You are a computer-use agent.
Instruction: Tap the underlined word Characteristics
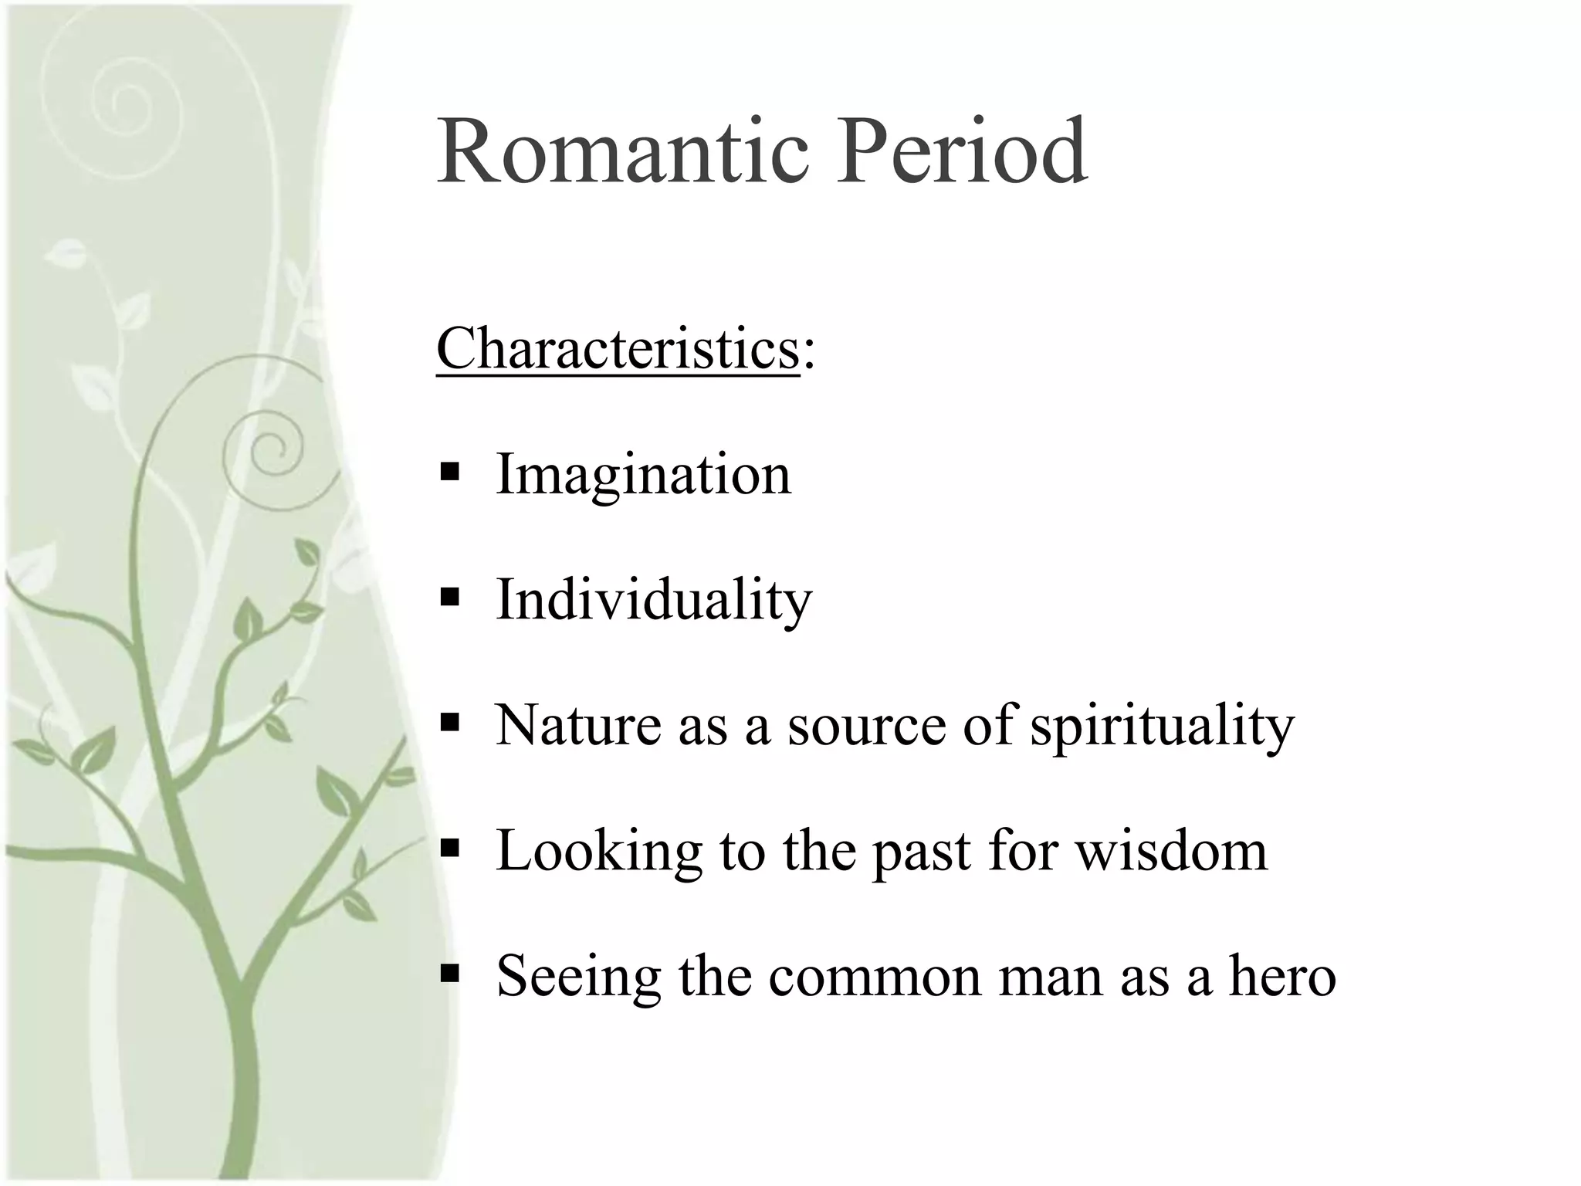coord(618,349)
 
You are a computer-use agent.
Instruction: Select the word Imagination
coord(643,474)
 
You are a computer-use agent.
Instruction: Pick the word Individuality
coord(654,600)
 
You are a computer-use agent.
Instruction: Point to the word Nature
coord(577,726)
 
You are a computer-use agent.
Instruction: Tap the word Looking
coord(599,852)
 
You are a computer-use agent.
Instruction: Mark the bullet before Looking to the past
coord(449,849)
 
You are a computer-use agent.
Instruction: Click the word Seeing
coord(578,978)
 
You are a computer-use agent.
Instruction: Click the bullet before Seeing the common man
coord(449,974)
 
